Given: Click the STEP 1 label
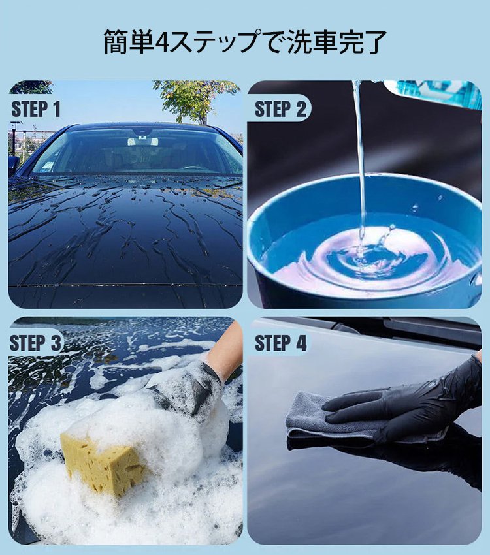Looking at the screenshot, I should (x=36, y=109).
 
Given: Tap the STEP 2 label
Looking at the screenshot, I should (x=280, y=109).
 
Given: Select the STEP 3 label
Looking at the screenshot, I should (x=36, y=343).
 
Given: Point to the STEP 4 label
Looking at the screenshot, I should (x=280, y=343).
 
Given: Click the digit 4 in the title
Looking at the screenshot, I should (x=163, y=42).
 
